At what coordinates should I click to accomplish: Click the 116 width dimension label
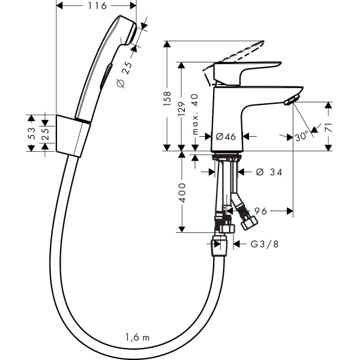pos(97,6)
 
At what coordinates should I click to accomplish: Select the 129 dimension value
pos(182,109)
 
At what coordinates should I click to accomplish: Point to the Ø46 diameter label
pos(226,137)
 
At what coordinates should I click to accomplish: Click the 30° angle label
pos(302,136)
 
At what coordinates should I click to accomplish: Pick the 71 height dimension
pos(329,127)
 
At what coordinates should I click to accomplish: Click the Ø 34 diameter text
pos(269,172)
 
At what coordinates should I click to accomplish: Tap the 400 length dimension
pos(182,193)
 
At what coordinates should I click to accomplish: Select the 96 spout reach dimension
pos(260,211)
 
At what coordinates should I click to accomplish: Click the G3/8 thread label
pos(265,244)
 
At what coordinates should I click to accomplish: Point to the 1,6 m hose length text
pos(137,337)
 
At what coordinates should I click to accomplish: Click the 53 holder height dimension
pos(31,133)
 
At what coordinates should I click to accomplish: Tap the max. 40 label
pos(194,114)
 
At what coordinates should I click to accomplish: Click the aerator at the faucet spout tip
pos(292,100)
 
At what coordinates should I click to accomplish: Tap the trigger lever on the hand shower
pos(106,76)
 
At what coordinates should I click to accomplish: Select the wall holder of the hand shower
pos(73,136)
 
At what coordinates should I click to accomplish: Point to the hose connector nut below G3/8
pos(219,246)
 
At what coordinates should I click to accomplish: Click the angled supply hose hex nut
pos(249,223)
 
